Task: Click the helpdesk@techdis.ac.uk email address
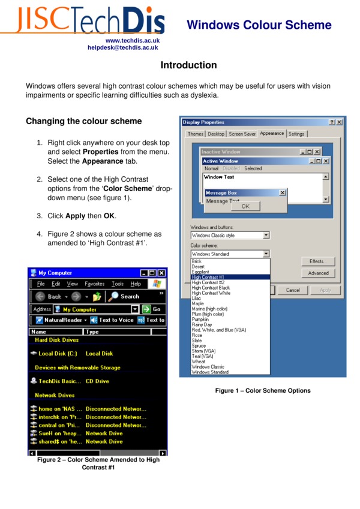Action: click(123, 47)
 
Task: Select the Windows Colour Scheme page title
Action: click(259, 25)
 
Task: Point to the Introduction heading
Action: click(188, 65)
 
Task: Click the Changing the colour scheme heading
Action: click(83, 121)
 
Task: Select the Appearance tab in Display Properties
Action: click(272, 134)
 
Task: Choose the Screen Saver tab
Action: click(242, 134)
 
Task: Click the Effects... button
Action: click(318, 261)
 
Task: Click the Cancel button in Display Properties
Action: click(293, 290)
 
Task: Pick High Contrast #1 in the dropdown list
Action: click(208, 277)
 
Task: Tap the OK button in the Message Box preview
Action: click(245, 206)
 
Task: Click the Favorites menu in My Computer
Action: click(95, 284)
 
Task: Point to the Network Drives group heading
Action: click(55, 396)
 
